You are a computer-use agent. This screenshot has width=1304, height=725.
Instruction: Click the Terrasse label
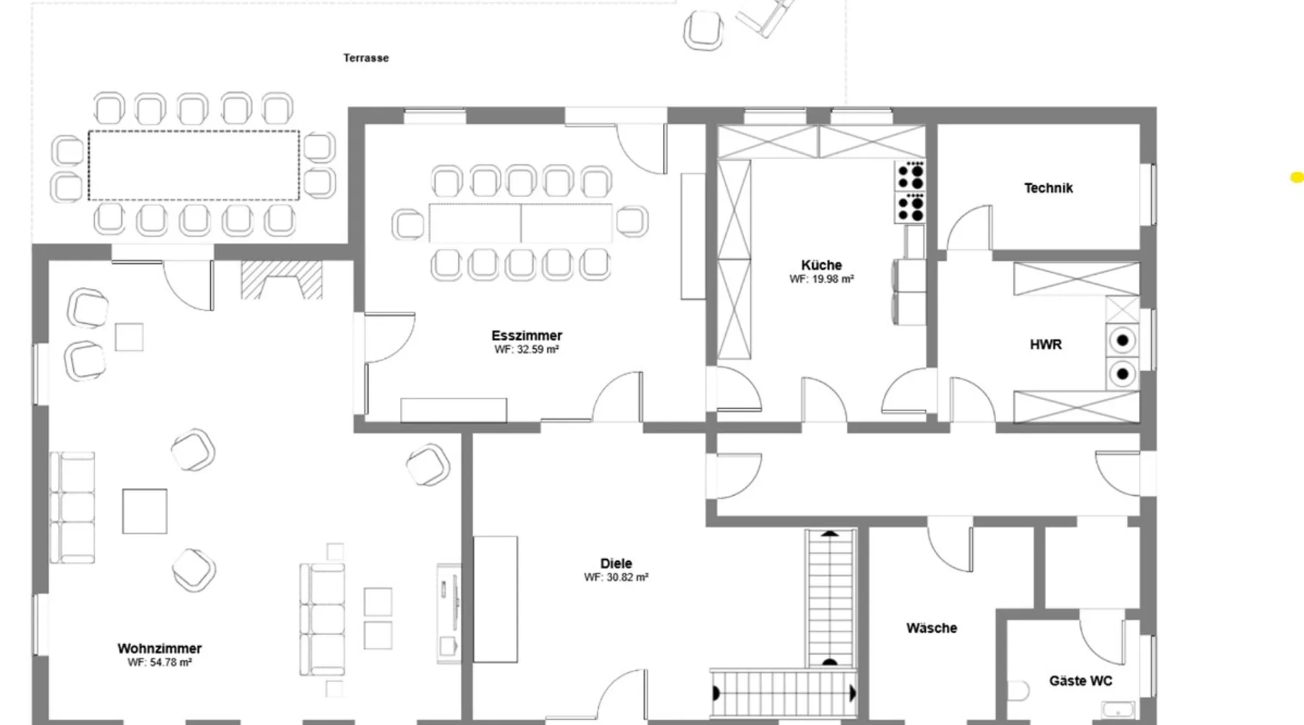366,58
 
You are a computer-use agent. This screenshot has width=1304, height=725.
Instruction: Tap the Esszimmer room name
527,336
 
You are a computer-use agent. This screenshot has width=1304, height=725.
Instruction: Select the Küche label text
822,265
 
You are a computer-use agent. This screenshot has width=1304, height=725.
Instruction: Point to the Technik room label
1048,188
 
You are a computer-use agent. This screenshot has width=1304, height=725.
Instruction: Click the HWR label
1046,345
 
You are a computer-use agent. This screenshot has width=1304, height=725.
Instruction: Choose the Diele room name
616,563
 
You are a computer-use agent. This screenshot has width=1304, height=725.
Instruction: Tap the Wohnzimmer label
159,649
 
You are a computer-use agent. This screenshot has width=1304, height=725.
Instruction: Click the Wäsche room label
932,628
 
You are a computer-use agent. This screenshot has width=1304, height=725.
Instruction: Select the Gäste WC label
1081,681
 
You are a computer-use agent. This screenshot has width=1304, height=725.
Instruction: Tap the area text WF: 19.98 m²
822,279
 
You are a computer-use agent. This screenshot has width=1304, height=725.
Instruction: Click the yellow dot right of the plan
1297,177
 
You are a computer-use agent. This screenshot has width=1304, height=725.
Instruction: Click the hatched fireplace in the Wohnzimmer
281,280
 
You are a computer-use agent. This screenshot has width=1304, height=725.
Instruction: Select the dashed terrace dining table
193,165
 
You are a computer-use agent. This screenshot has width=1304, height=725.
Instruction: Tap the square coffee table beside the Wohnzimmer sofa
144,511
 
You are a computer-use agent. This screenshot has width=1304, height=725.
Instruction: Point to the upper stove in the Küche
911,175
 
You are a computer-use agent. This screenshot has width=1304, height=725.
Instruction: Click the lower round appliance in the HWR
1122,374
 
